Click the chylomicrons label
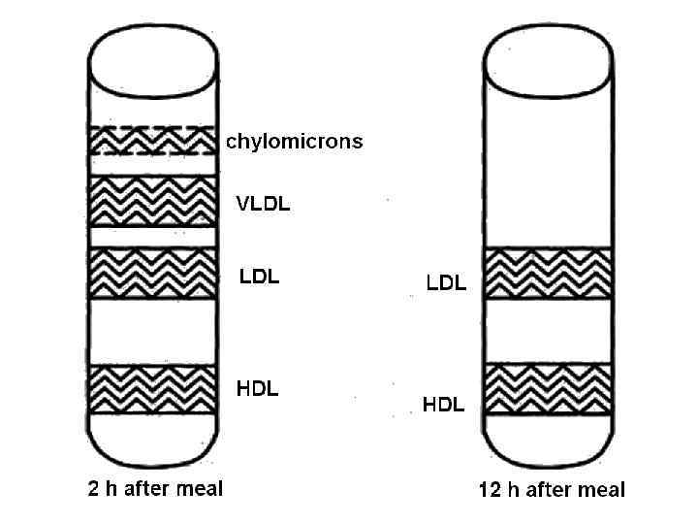pos(295,142)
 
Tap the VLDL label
pos(264,205)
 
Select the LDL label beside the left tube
pos(259,277)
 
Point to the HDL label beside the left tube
pos(258,389)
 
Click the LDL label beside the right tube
pos(447,283)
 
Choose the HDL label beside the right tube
pos(444,405)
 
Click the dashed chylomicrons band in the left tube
pos(152,141)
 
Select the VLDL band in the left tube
pos(152,201)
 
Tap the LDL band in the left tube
pos(152,274)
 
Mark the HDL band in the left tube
pos(152,388)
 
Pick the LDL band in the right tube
pos(547,274)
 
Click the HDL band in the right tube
pos(547,388)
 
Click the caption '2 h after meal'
pos(156,488)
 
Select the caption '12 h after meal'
pos(552,490)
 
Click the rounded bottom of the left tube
pos(152,442)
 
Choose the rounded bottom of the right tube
pos(547,442)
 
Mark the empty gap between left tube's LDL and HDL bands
pos(152,331)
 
